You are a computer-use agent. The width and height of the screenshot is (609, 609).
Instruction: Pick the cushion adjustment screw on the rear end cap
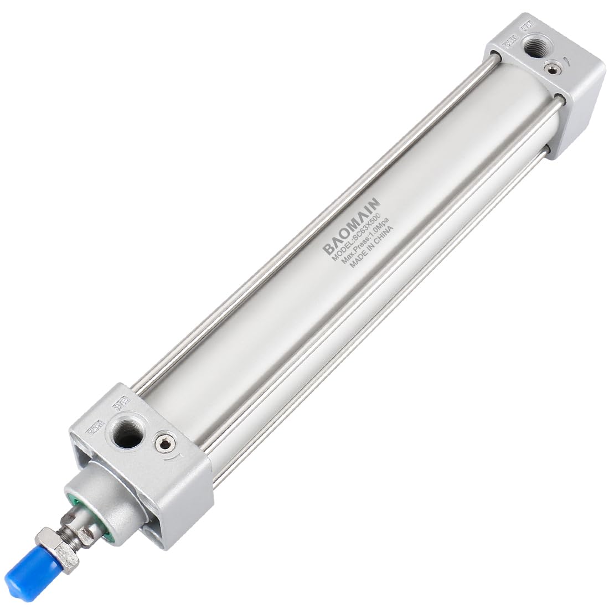point(550,69)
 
